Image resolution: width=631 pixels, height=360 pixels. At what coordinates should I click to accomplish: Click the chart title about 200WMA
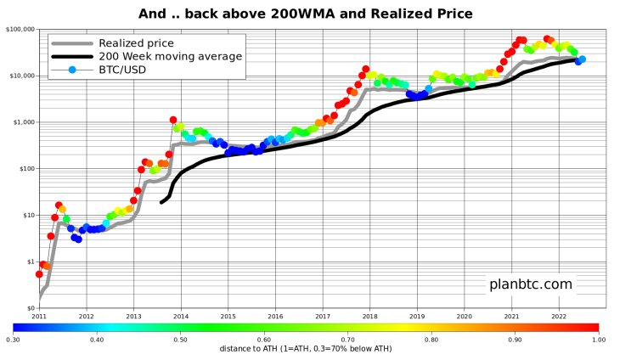pos(306,14)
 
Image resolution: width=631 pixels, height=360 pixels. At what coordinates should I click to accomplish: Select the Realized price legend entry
pos(136,43)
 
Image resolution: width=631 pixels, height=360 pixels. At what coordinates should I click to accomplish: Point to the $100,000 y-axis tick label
pos(19,29)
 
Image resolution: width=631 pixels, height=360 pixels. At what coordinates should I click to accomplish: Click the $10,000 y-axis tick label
pos(20,76)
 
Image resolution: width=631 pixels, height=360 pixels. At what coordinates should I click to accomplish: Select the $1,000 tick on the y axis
pos(22,122)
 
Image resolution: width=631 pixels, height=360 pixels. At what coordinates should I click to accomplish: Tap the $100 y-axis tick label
pos(24,169)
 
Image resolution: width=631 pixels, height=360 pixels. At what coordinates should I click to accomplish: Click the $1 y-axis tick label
pos(28,262)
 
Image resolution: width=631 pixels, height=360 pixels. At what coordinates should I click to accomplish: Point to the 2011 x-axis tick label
pos(39,316)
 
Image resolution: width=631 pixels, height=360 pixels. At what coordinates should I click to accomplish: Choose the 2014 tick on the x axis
pos(181,316)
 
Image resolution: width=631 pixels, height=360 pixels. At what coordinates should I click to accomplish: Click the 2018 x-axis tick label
pos(369,316)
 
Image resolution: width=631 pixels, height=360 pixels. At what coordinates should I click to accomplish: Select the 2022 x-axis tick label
pos(558,316)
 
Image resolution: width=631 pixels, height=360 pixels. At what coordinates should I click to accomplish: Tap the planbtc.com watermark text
pos(531,284)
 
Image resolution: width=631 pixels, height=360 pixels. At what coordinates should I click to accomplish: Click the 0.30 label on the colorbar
pos(14,340)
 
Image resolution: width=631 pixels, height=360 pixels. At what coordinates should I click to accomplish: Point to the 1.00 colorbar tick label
pos(599,340)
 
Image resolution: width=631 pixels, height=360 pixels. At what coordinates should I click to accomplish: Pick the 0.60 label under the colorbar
pos(264,340)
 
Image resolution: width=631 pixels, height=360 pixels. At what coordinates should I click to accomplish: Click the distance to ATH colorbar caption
pos(306,348)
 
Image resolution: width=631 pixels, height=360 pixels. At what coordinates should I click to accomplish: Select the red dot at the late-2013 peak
pos(173,121)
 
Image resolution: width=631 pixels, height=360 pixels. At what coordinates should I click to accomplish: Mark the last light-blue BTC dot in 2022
pos(583,59)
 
